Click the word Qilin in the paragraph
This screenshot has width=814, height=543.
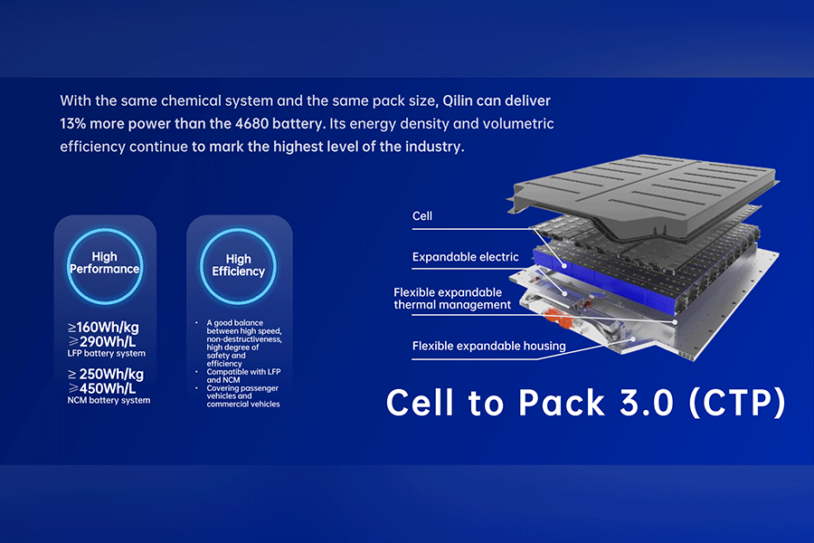(458, 100)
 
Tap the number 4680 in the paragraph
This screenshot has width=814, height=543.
(251, 124)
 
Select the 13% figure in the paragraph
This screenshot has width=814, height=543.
(72, 124)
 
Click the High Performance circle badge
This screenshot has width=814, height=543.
(105, 266)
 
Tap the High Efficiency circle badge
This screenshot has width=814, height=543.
(238, 266)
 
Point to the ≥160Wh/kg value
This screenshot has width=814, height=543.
(103, 328)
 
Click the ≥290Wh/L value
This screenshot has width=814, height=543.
(101, 341)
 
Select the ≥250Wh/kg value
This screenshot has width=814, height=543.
(106, 374)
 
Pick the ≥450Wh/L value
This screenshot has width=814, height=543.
(101, 388)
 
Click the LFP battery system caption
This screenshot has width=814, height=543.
(107, 353)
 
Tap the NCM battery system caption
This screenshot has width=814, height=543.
(109, 400)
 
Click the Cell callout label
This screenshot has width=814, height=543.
(422, 216)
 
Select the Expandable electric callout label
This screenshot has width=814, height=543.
(465, 257)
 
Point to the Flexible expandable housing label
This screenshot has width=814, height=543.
(488, 346)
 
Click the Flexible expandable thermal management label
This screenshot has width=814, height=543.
(452, 299)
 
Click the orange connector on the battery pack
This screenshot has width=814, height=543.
(558, 318)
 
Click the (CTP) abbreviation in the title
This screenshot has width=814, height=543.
(737, 404)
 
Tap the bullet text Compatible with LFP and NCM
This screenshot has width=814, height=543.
(243, 376)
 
